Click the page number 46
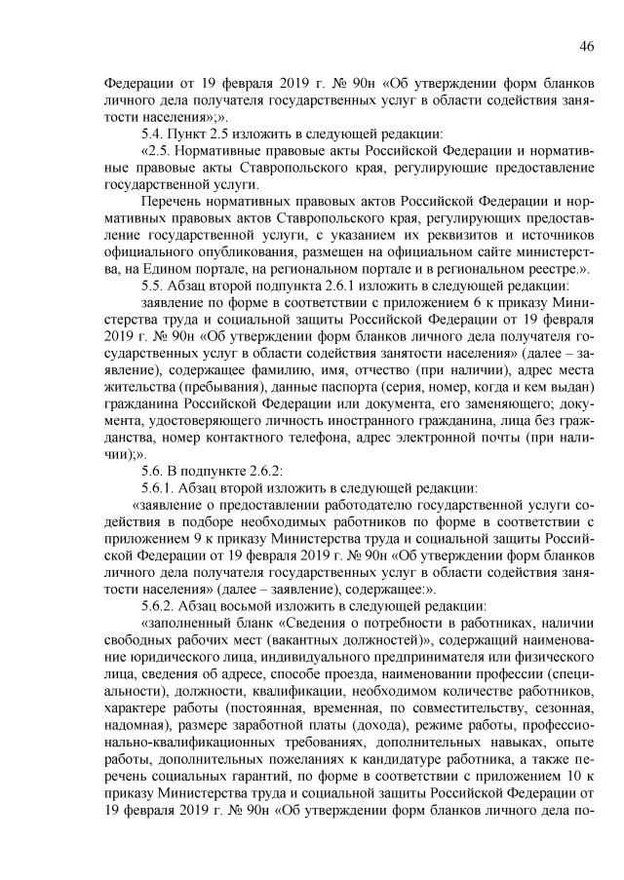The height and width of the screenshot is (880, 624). [x=587, y=46]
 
